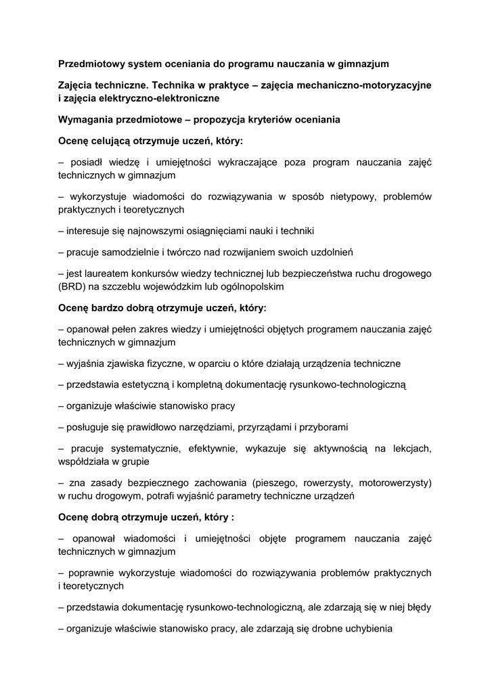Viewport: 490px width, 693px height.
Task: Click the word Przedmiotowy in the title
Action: tap(90, 64)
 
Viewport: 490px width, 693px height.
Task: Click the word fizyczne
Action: tap(169, 363)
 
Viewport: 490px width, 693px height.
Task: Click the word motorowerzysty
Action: tap(393, 483)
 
